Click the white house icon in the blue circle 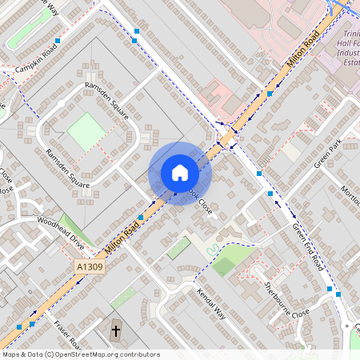click(180, 173)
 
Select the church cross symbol click(115, 330)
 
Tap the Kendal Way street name click(211, 304)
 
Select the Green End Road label click(309, 246)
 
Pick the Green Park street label click(327, 154)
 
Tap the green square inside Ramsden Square click(86, 130)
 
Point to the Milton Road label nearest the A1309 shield click(122, 234)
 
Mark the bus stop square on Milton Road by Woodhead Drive click(140, 217)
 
